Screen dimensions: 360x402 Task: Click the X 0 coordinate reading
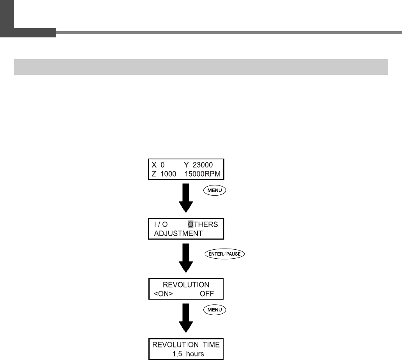point(157,164)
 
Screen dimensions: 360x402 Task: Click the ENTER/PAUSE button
point(224,254)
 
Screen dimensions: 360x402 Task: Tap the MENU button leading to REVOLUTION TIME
point(214,310)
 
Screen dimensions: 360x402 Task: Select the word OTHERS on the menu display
point(203,224)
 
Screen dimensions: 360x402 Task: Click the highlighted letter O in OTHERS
point(190,224)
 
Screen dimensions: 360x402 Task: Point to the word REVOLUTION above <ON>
point(186,284)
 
